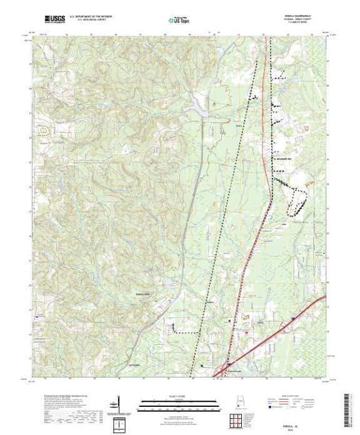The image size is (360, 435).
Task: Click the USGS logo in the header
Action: pyautogui.click(x=54, y=20)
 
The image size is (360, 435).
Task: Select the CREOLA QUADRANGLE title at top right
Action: pyautogui.click(x=292, y=17)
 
